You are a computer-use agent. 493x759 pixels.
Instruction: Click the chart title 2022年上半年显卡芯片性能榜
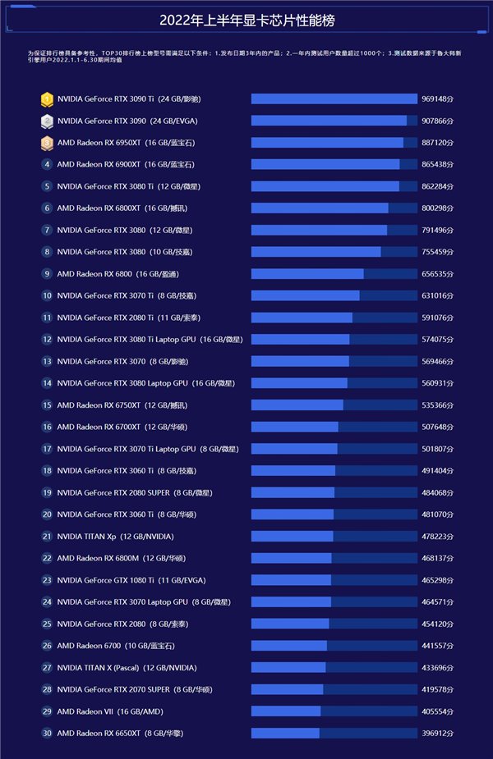coord(246,21)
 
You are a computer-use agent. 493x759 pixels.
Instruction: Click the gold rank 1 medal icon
coord(47,99)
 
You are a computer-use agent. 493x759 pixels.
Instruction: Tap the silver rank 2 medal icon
coord(47,121)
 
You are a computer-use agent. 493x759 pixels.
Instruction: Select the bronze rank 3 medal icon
coord(47,143)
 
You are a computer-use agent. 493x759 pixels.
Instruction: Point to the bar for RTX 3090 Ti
coord(334,99)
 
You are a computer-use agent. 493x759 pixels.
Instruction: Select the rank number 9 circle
coord(47,274)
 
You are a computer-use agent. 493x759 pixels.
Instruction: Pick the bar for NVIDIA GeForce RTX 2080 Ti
coord(302,318)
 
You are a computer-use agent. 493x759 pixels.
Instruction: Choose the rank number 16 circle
coord(47,427)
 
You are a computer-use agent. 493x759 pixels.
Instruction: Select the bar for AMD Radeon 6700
coord(288,646)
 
